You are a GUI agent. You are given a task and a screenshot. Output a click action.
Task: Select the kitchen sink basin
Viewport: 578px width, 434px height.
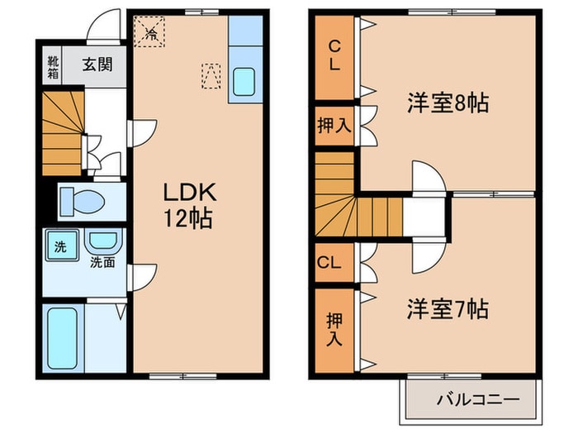(244, 81)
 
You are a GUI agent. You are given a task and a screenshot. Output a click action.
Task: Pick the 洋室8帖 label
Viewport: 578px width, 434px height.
(447, 103)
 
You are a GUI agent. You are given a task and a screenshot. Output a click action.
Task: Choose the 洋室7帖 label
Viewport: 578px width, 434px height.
(447, 309)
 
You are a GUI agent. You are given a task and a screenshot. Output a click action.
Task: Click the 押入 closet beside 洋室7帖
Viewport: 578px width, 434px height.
(334, 327)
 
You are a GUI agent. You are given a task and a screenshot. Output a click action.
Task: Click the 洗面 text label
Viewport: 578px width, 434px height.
(102, 264)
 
